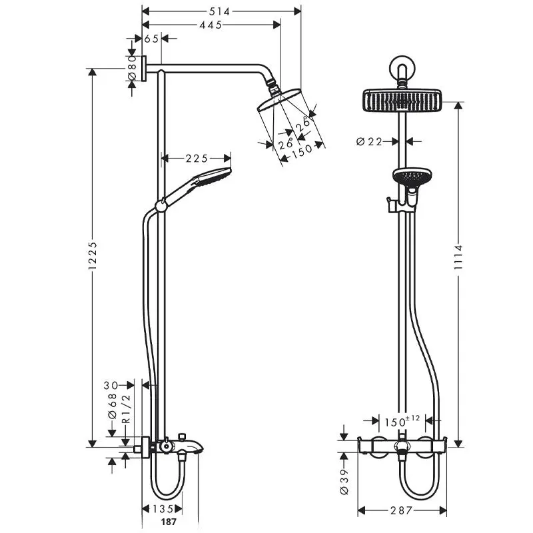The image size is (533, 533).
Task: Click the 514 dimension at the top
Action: [220, 11]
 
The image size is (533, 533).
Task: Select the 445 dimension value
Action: [211, 25]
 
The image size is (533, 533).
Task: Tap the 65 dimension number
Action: [152, 39]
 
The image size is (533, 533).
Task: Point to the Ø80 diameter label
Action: [132, 68]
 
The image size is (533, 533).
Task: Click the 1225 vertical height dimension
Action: [93, 256]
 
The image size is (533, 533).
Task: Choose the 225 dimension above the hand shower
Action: [197, 159]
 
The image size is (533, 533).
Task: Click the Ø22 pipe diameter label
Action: [370, 141]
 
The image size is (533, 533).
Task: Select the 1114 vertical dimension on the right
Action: [459, 257]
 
